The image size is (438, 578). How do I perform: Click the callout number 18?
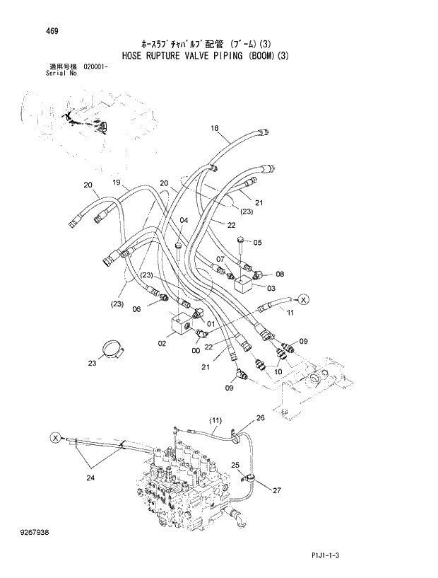point(215,128)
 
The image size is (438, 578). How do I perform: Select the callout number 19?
point(116,182)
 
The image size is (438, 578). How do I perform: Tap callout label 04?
point(183,220)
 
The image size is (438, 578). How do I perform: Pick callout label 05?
point(258,243)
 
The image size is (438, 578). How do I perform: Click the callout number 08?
point(280,274)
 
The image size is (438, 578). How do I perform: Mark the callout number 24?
point(89,478)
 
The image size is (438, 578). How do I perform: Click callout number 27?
point(277,490)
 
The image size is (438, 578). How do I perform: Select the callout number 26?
point(260,418)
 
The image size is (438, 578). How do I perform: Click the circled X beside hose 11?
point(302,300)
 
